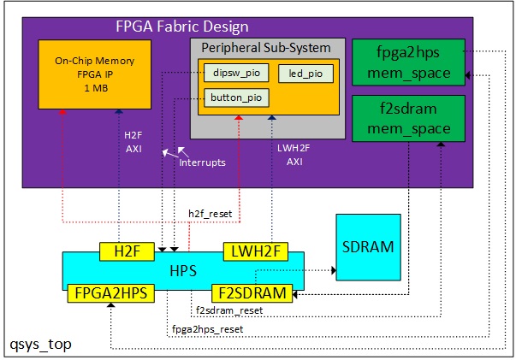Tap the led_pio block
click(x=305, y=74)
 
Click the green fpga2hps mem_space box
click(x=408, y=62)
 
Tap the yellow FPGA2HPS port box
click(x=109, y=292)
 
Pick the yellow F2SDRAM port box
click(x=252, y=292)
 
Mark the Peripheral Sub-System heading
click(x=266, y=45)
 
